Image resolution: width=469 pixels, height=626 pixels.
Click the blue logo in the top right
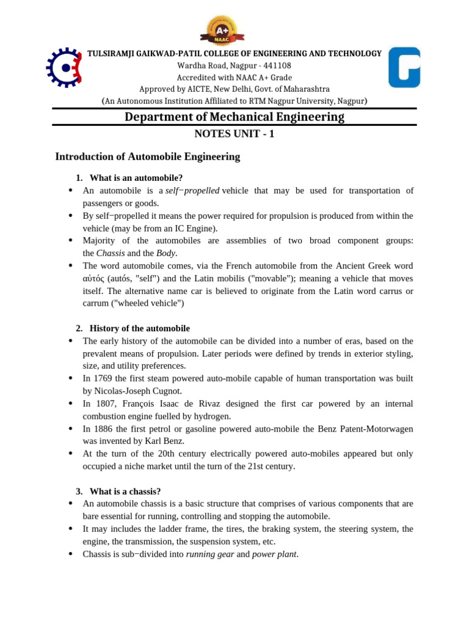tap(404, 67)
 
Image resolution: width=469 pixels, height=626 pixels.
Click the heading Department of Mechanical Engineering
tap(234, 117)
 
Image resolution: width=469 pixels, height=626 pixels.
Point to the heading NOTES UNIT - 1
tap(234, 134)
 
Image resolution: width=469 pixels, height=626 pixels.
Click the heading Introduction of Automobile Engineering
tap(147, 156)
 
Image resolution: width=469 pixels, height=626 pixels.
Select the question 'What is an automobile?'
tap(136, 178)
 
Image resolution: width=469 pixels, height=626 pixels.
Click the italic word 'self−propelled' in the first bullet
tap(192, 191)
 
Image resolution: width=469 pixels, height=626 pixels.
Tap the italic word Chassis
tap(109, 253)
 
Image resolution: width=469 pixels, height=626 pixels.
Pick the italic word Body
tap(165, 253)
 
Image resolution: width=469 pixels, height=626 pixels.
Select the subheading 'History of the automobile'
tap(139, 328)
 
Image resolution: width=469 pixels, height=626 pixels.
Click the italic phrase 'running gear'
tap(209, 554)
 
